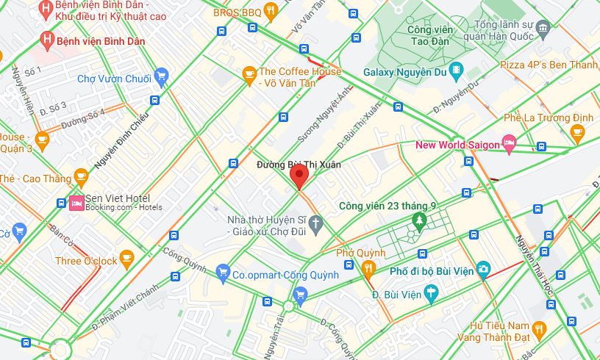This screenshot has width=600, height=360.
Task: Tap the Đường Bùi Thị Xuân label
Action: pyautogui.click(x=299, y=165)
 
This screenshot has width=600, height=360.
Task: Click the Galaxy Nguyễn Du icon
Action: pyautogui.click(x=457, y=72)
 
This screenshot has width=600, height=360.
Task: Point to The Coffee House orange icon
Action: pyautogui.click(x=249, y=73)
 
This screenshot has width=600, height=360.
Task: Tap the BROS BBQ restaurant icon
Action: pyautogui.click(x=271, y=12)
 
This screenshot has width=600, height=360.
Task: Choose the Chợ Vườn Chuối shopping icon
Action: pyautogui.click(x=162, y=76)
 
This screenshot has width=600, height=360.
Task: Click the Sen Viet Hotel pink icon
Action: pyautogui.click(x=76, y=204)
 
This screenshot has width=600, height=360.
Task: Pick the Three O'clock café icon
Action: pyautogui.click(x=126, y=258)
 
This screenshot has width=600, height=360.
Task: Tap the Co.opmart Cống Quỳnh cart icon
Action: pyautogui.click(x=224, y=273)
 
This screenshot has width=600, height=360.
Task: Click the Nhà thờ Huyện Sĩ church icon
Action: pyautogui.click(x=315, y=223)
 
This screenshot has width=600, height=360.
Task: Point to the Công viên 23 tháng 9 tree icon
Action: pyautogui.click(x=419, y=219)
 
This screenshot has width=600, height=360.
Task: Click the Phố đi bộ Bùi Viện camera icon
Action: pyautogui.click(x=482, y=270)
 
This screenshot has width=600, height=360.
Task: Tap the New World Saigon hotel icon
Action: pyautogui.click(x=508, y=143)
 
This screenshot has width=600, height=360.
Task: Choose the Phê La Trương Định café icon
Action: pyautogui.click(x=576, y=132)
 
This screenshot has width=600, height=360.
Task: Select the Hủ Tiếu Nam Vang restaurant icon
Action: pyautogui.click(x=539, y=327)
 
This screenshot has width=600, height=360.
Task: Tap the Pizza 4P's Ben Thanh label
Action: pyautogui.click(x=549, y=65)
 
